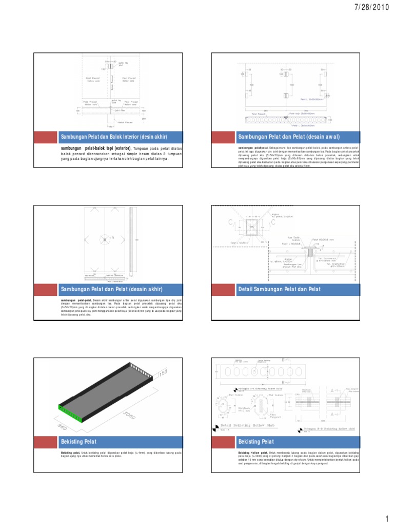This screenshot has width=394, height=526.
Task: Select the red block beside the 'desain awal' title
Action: point(221,136)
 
